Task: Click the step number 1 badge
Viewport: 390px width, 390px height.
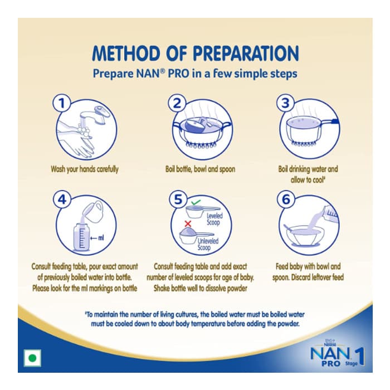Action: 62,103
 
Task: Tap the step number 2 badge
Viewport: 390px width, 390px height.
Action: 177,103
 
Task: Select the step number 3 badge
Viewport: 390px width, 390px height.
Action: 285,103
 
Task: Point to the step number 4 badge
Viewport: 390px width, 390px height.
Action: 62,199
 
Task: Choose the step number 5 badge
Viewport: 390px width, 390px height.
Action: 178,199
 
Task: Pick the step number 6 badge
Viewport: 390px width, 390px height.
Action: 286,199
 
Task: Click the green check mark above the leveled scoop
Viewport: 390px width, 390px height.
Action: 196,202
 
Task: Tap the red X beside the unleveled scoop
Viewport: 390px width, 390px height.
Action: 188,223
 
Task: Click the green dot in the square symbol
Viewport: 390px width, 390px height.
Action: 32,358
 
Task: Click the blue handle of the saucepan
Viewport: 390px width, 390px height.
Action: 335,121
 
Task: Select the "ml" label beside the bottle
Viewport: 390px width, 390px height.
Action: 101,238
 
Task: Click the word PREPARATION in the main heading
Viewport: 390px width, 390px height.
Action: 246,53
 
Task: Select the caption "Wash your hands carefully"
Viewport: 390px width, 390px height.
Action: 85,169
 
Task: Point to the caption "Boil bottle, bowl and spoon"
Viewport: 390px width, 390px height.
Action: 200,169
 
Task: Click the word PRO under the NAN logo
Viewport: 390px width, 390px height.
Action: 331,363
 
